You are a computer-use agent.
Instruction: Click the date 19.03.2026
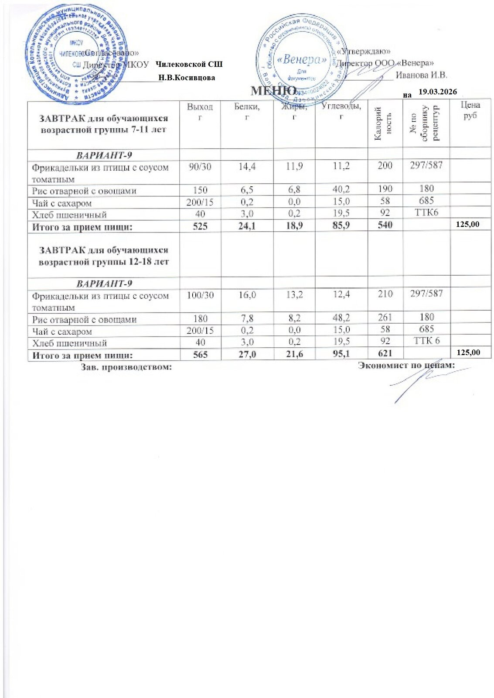click(437, 92)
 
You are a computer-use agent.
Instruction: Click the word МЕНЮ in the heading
click(274, 91)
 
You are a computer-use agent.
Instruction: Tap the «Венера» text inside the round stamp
click(301, 60)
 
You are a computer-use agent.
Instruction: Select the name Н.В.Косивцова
click(187, 78)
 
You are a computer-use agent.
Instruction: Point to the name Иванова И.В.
click(421, 75)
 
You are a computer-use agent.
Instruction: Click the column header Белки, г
click(247, 111)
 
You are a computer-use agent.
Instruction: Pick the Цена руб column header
click(470, 110)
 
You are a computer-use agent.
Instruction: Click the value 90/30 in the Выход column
click(200, 166)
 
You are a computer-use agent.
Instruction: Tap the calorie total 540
click(385, 225)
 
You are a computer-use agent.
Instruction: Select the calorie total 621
click(385, 353)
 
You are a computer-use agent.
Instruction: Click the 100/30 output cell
click(200, 295)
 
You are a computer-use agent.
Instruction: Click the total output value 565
click(200, 354)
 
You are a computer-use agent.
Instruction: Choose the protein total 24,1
click(247, 226)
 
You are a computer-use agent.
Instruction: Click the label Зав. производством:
click(127, 367)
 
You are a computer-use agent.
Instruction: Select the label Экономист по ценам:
click(406, 365)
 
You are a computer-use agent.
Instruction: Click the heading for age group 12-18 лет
click(104, 256)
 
